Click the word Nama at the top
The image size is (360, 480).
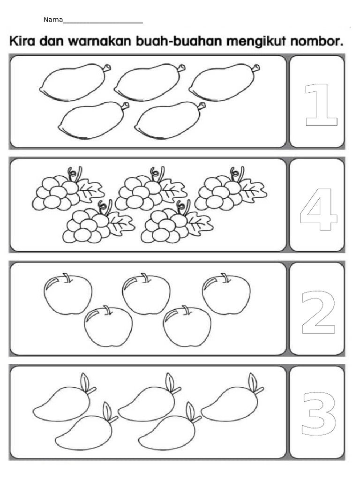pyautogui.click(x=53, y=20)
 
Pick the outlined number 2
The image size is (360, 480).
pyautogui.click(x=318, y=313)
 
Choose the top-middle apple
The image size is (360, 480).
pyautogui.click(x=146, y=294)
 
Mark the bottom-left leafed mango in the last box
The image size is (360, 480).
pyautogui.click(x=84, y=430)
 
